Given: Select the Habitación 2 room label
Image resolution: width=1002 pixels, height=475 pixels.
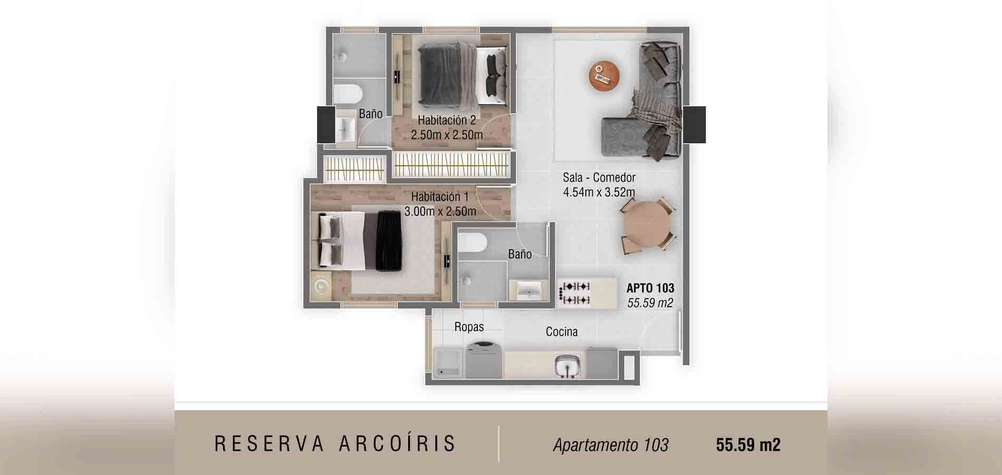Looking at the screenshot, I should pyautogui.click(x=447, y=120).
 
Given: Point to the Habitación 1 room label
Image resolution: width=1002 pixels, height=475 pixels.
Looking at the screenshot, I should pyautogui.click(x=440, y=196).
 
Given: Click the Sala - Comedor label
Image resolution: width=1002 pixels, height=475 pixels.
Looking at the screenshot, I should pyautogui.click(x=599, y=177).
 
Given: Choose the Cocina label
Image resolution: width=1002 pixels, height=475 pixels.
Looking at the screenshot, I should pyautogui.click(x=562, y=331).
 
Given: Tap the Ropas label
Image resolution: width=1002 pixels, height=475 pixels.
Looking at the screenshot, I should pyautogui.click(x=469, y=327).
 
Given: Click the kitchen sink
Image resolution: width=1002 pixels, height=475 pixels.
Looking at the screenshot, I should pyautogui.click(x=567, y=366).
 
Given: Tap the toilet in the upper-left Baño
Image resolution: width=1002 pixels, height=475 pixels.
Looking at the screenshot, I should pyautogui.click(x=348, y=94).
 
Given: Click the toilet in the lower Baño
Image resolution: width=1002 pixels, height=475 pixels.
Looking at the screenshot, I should pyautogui.click(x=472, y=243).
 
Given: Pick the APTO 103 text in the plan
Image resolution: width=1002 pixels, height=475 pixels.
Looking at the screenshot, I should pyautogui.click(x=650, y=288).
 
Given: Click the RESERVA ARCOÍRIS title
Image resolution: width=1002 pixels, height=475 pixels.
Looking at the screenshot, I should pyautogui.click(x=335, y=444).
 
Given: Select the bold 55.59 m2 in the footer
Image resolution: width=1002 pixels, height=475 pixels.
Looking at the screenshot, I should pyautogui.click(x=748, y=445).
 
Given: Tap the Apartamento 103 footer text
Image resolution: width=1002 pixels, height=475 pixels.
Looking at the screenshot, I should pyautogui.click(x=611, y=445).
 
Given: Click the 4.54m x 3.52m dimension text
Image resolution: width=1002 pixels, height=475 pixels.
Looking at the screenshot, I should pyautogui.click(x=599, y=192).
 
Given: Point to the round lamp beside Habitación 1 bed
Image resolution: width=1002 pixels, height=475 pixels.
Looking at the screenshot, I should pyautogui.click(x=321, y=287).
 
